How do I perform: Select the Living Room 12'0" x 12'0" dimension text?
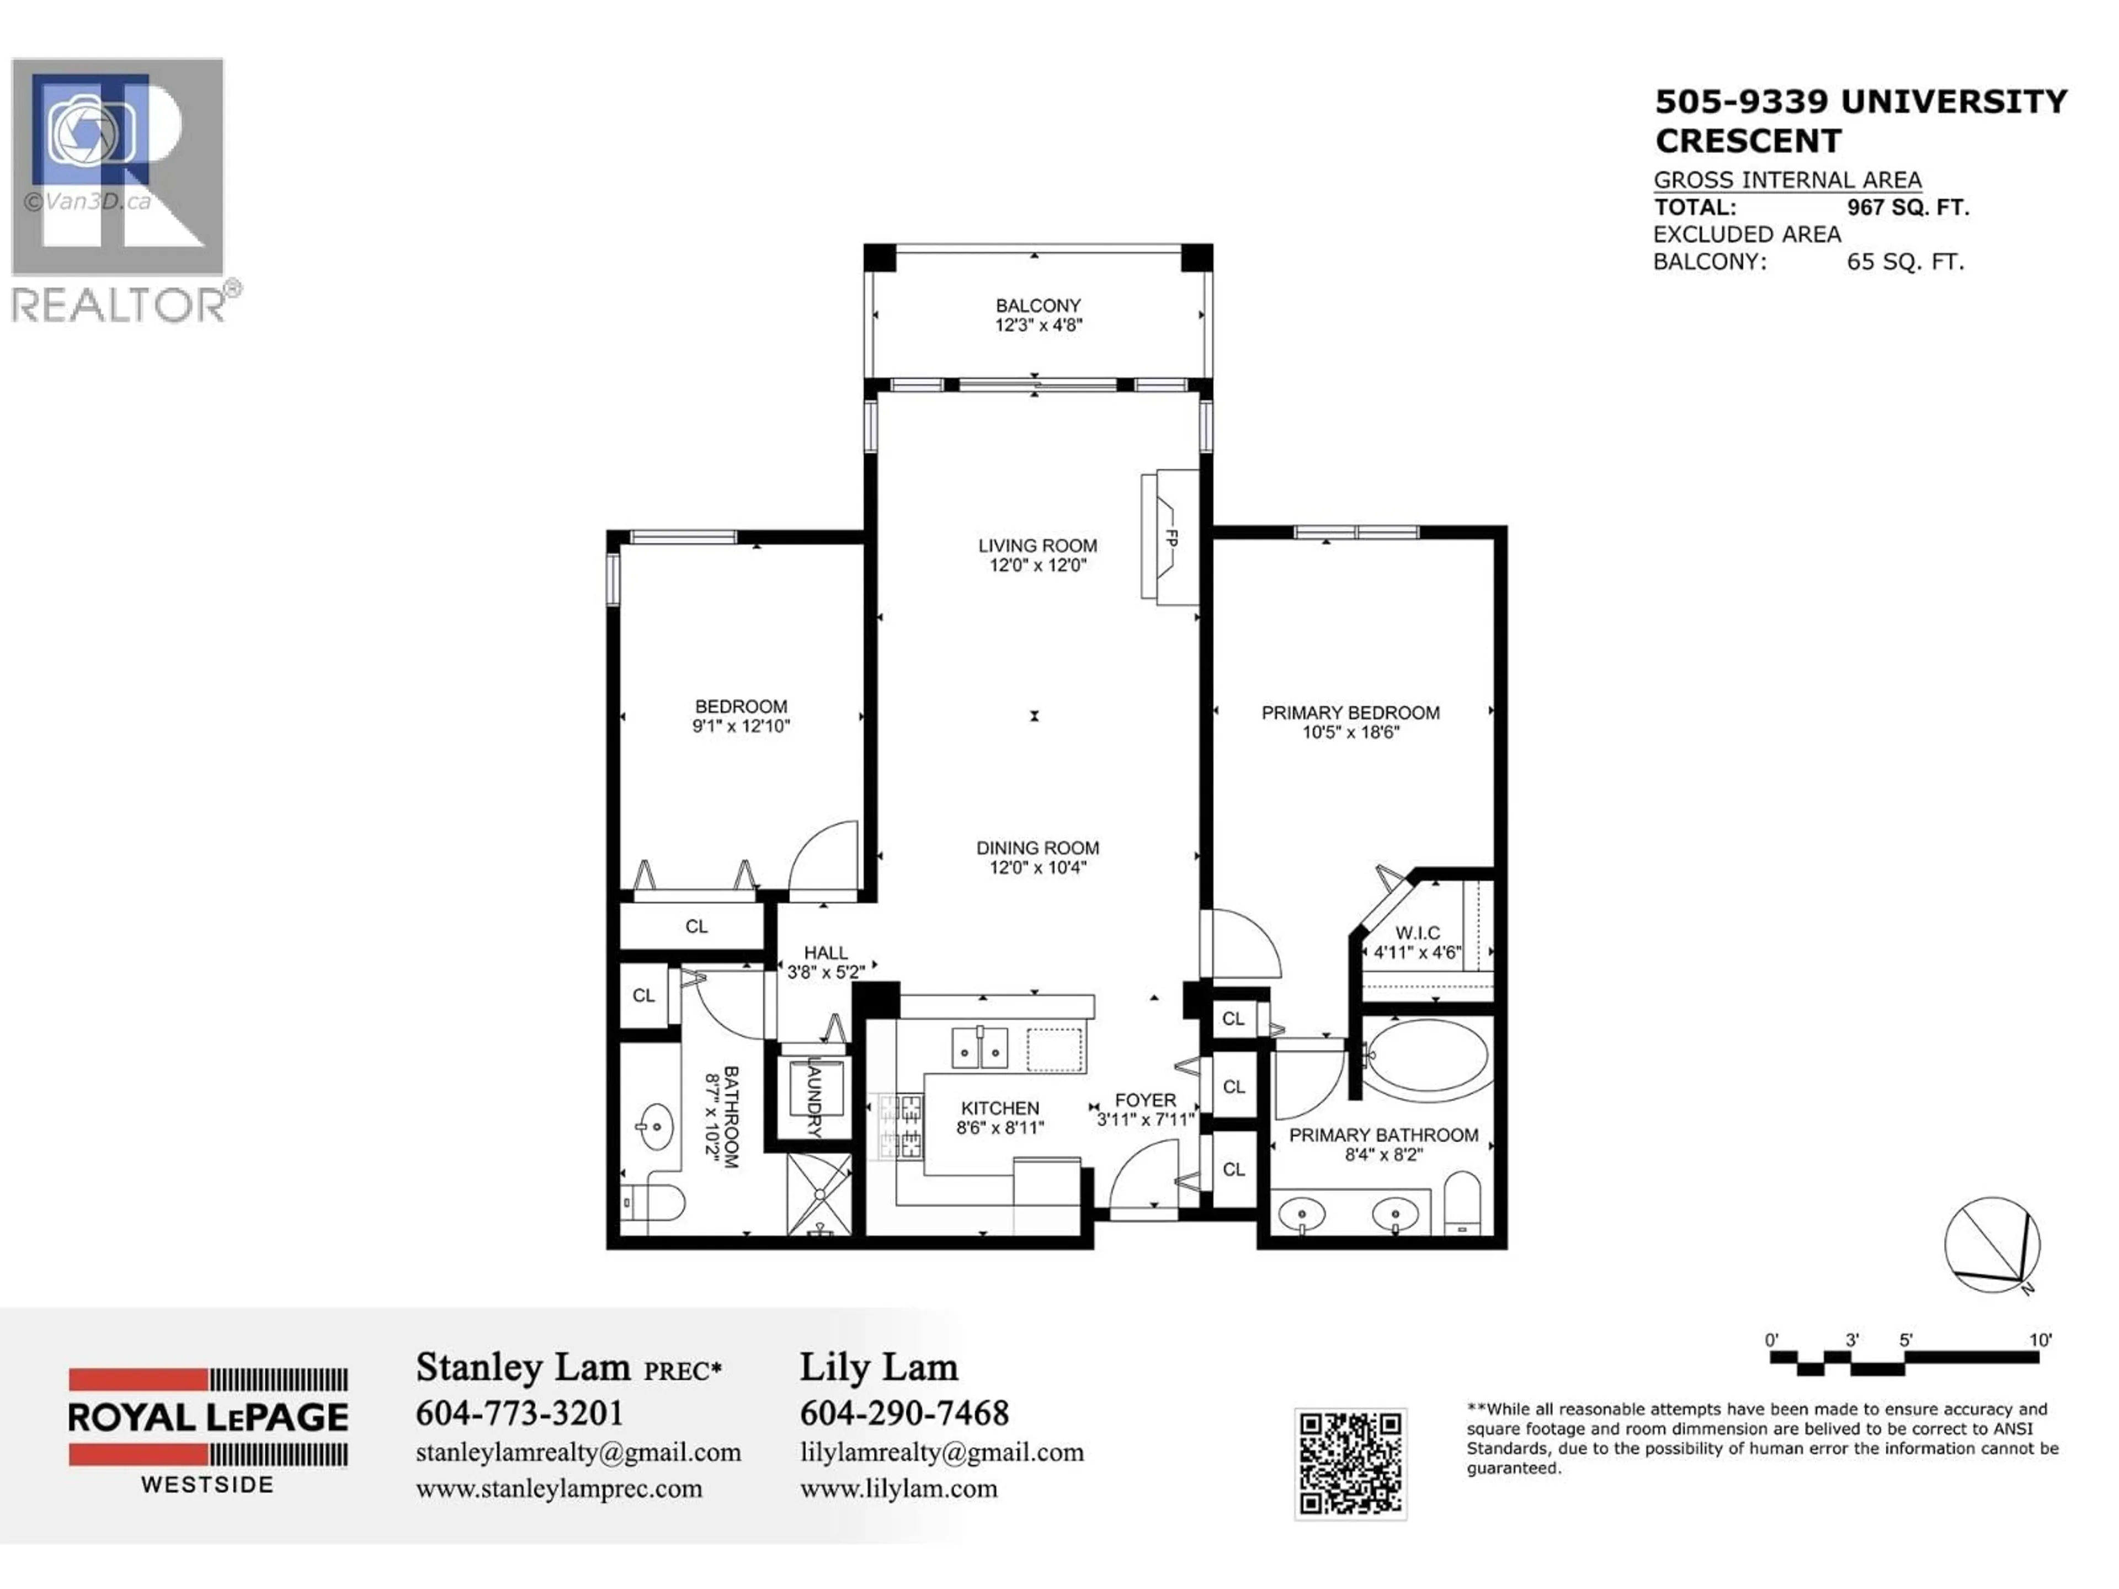tap(1037, 565)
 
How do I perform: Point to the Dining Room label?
tap(1037, 847)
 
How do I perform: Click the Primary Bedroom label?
tap(1350, 713)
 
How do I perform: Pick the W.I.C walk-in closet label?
tap(1417, 933)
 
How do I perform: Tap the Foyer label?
tap(1145, 1101)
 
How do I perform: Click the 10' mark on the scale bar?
tap(2040, 1341)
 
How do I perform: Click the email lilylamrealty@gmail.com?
tap(941, 1452)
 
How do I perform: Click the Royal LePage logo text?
tap(208, 1417)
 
